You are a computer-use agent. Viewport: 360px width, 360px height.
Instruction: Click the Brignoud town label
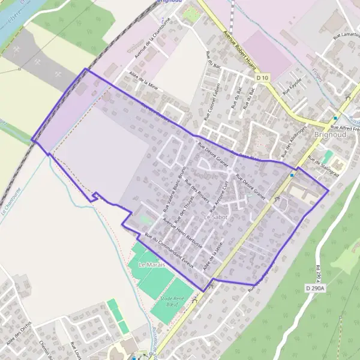pyautogui.click(x=329, y=135)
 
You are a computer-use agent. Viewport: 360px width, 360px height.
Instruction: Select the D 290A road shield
pyautogui.click(x=322, y=289)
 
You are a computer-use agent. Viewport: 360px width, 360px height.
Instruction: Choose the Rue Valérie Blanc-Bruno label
pyautogui.click(x=173, y=190)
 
